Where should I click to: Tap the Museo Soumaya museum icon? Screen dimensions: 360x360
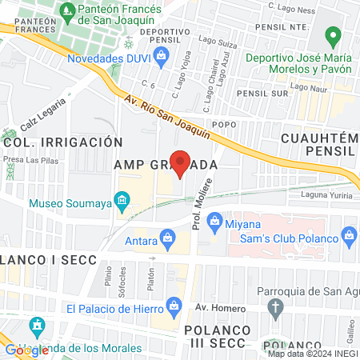122,198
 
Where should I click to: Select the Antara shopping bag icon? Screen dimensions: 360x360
167,237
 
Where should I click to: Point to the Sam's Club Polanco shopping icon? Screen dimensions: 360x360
348,235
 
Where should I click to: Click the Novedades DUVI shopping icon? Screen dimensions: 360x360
161,55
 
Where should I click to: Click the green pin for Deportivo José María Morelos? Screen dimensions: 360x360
334,37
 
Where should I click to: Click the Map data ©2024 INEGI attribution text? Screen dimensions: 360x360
311,354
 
